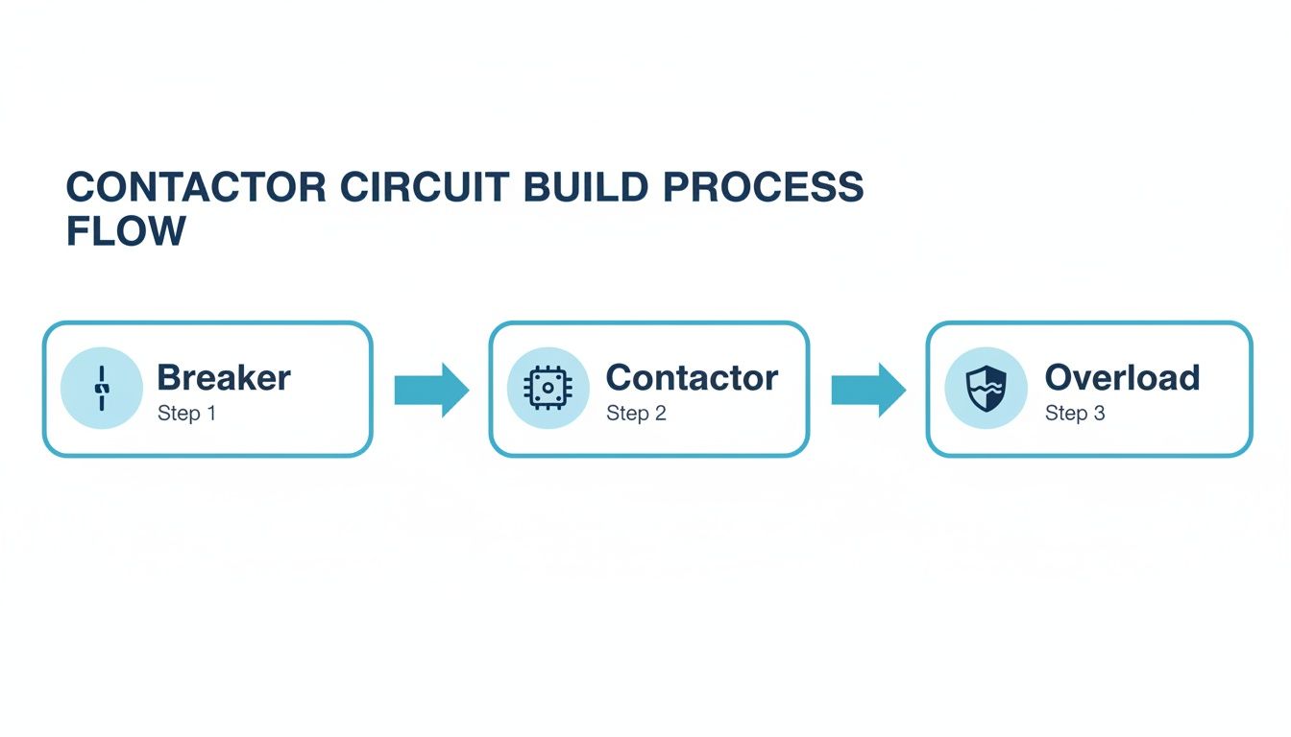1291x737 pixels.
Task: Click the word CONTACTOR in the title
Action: tap(196, 187)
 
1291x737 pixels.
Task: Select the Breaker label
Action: tap(224, 377)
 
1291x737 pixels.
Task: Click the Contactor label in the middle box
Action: tap(692, 377)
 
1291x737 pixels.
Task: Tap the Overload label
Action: tap(1122, 377)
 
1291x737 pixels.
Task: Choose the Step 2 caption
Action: tap(636, 414)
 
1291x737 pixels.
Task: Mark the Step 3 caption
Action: tap(1075, 414)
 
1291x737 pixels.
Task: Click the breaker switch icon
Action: tap(101, 389)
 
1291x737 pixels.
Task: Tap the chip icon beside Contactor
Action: tap(548, 389)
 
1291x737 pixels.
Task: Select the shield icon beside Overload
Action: tap(986, 389)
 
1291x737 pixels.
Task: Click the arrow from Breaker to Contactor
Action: tap(431, 390)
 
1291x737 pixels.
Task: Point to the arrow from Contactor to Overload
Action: tap(868, 390)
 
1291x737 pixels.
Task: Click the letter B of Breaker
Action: tap(169, 377)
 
